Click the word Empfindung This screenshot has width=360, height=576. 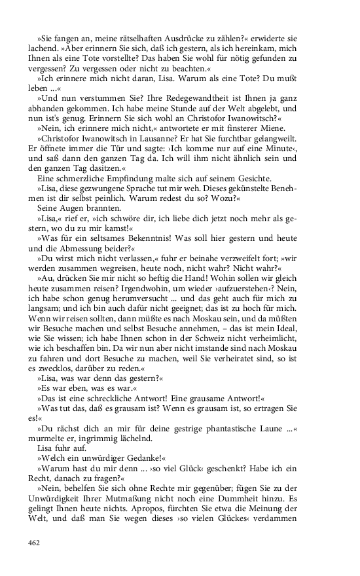121,178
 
